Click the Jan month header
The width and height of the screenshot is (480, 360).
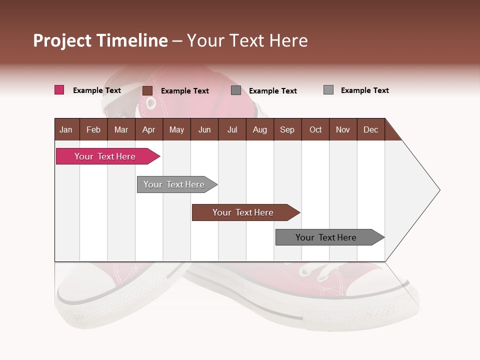tap(66, 129)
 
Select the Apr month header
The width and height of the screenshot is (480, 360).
tap(148, 129)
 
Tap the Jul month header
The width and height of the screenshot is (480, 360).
tap(232, 129)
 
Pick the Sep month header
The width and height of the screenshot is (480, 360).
tap(287, 129)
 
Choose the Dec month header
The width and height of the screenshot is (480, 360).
tap(370, 129)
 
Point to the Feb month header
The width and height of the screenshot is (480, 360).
tap(93, 129)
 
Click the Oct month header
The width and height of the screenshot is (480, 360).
tap(315, 129)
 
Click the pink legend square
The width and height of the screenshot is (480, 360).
tap(59, 90)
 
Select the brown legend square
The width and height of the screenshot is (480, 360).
tap(147, 90)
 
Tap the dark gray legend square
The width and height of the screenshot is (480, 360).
tap(235, 90)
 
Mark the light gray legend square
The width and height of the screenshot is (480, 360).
tap(328, 90)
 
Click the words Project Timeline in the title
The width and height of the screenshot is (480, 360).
tap(100, 40)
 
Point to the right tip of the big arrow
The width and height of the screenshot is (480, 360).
tap(438, 190)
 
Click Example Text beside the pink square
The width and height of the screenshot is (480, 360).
tap(96, 90)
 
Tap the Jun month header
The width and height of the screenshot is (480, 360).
tap(204, 129)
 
